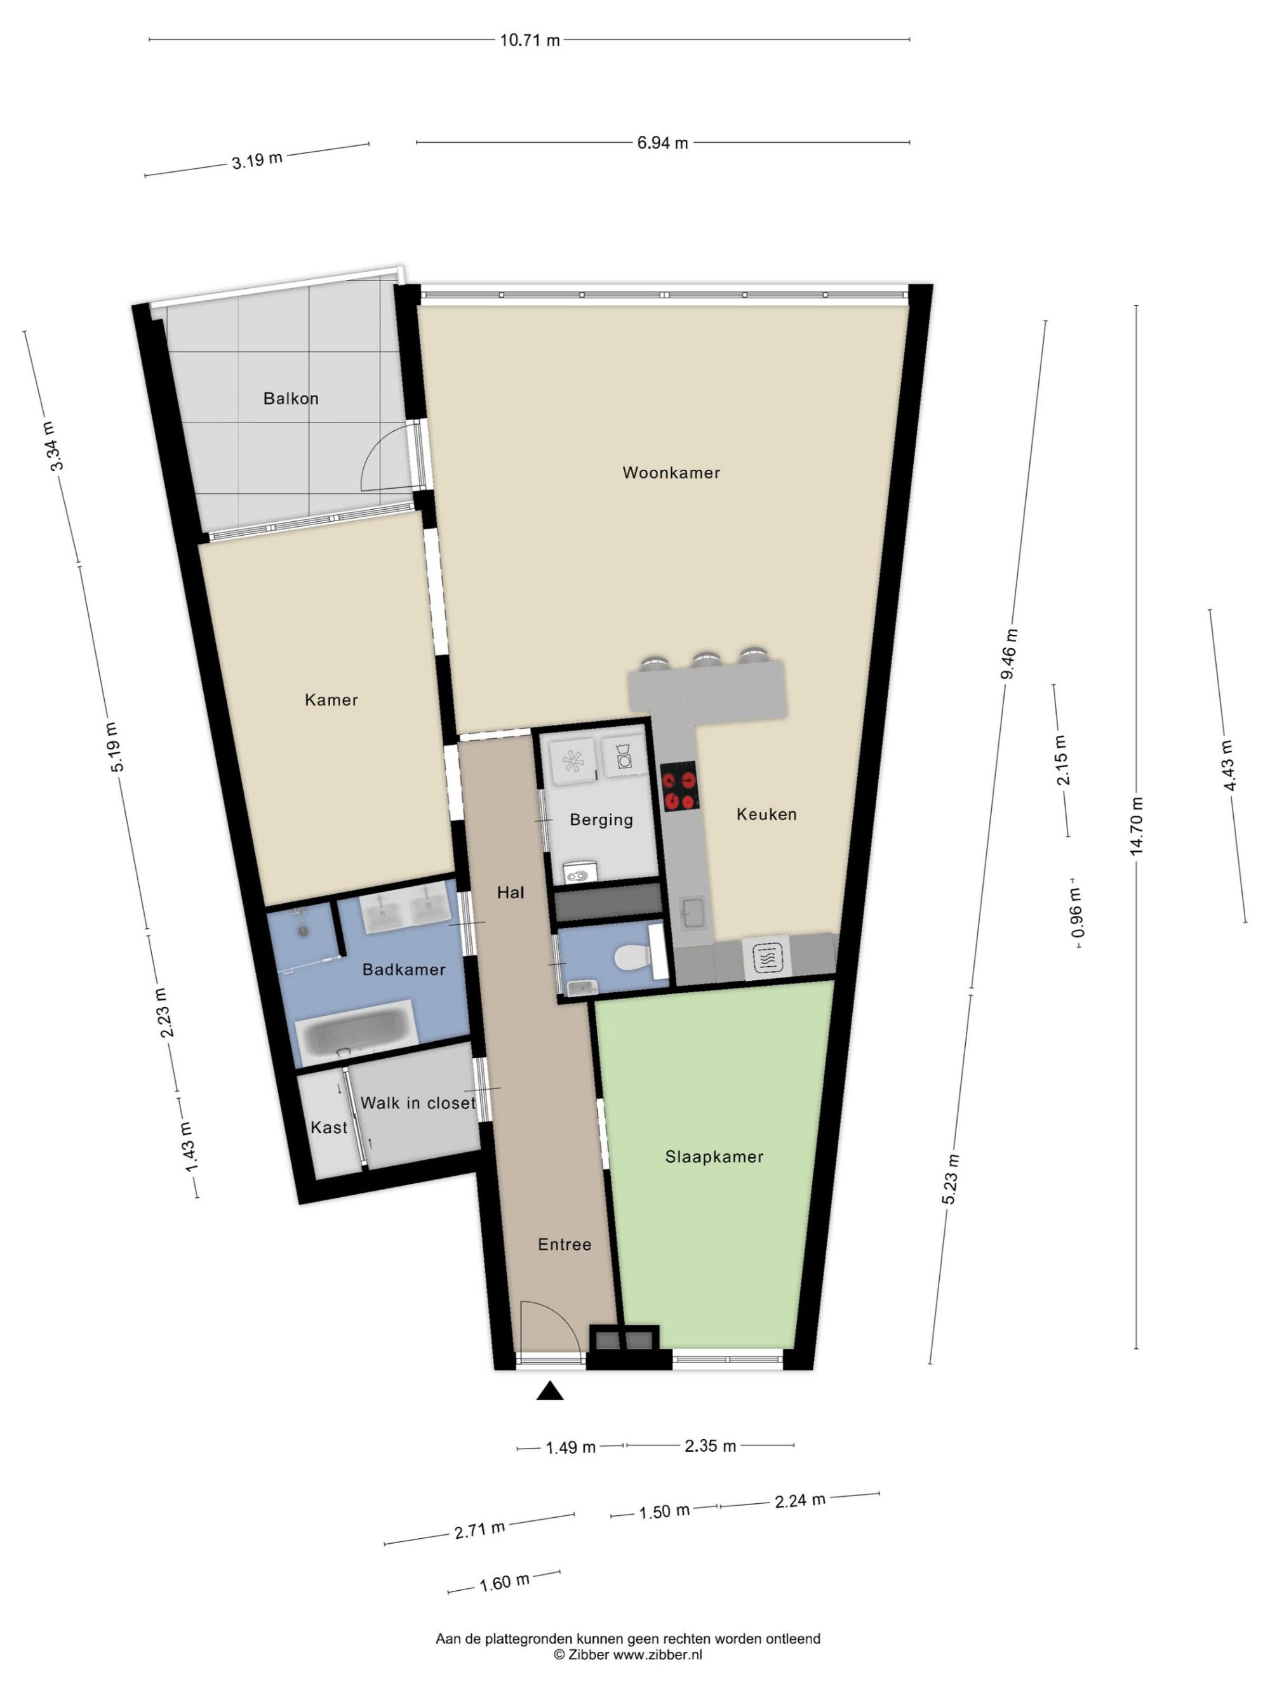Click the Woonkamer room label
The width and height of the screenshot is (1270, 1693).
tap(671, 472)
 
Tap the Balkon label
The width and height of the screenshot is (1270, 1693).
tap(291, 398)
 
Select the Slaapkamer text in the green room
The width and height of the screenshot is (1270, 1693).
tap(714, 1157)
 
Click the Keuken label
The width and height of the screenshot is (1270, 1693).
tap(766, 814)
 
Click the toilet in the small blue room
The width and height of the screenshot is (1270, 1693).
tap(632, 957)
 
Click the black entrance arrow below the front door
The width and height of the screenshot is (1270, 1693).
tap(550, 1391)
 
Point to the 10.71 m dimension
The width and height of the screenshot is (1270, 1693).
tap(530, 40)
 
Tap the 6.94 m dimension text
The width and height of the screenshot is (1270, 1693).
tap(662, 142)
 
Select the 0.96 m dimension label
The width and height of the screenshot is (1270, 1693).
tap(1077, 912)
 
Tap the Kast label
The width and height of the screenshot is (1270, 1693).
tap(329, 1127)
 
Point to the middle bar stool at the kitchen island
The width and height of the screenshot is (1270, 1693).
tap(705, 659)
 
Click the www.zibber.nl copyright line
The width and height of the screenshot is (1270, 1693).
tap(628, 1655)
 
